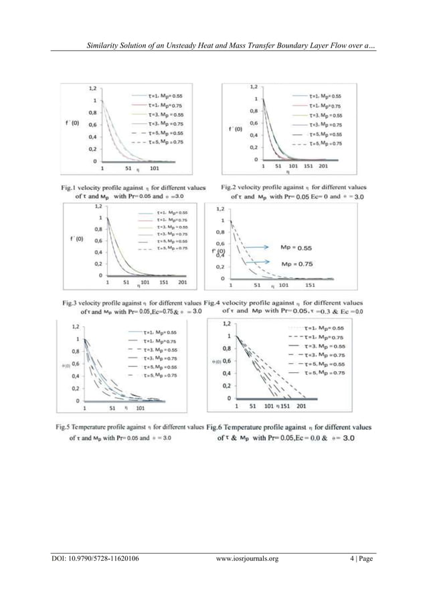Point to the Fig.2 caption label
230,187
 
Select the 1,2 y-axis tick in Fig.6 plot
228,324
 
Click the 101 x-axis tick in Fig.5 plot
141,407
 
